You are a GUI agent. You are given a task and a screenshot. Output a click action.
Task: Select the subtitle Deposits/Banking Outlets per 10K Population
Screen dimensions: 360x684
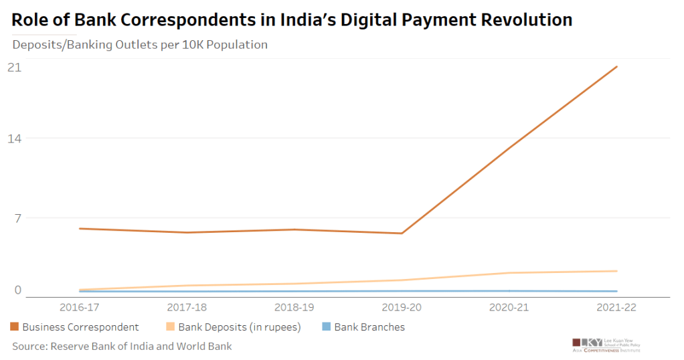(140, 45)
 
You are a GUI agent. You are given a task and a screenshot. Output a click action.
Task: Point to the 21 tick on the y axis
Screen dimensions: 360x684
(14, 68)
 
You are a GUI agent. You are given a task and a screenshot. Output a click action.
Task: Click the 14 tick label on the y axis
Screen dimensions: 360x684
(14, 139)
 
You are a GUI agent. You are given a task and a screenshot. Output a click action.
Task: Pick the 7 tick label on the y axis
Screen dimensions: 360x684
(17, 218)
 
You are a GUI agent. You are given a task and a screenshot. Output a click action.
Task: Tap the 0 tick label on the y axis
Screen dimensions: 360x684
(17, 290)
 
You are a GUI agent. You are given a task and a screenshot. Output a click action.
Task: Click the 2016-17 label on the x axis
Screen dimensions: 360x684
(80, 308)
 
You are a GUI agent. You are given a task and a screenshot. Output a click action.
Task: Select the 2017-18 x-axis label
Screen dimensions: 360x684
(187, 308)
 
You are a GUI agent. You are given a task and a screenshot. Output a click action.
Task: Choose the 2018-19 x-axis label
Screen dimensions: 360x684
(294, 308)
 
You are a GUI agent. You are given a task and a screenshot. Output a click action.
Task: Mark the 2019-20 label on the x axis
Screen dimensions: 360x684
(402, 308)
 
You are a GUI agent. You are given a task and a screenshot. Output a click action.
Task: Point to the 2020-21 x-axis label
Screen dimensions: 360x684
(509, 308)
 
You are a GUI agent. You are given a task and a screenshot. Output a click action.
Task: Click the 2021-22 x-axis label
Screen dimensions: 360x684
(616, 308)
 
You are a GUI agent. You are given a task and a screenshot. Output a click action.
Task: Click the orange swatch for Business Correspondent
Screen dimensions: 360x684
(14, 327)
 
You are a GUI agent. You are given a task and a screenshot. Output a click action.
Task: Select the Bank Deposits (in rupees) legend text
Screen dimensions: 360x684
(239, 327)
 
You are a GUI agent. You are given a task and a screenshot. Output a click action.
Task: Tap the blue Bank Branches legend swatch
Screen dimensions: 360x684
(326, 327)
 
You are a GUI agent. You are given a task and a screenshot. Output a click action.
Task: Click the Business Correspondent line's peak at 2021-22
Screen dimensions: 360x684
(616, 67)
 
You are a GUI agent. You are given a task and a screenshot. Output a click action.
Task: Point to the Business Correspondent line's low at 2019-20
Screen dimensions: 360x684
(402, 233)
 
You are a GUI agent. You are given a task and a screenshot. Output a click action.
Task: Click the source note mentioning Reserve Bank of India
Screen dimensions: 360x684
(122, 346)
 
